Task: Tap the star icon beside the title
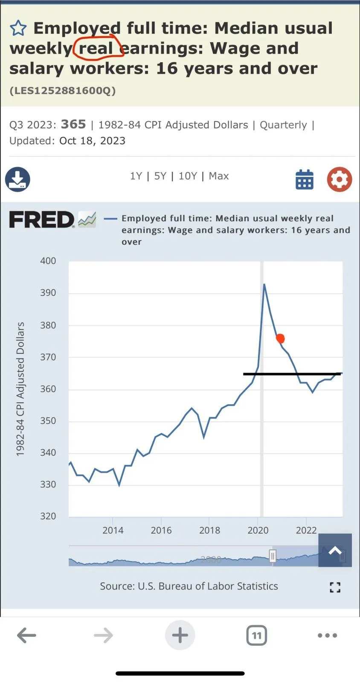18,29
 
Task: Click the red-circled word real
96,48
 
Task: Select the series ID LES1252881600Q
62,90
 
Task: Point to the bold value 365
73,124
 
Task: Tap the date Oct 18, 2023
92,141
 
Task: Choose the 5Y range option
160,176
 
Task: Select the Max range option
219,176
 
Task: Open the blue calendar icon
305,179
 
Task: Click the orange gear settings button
340,179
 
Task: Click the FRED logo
42,220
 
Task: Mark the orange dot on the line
280,338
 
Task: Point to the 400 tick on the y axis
48,261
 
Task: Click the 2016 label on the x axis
161,530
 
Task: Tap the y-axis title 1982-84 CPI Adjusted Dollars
20,389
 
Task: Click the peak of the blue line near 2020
264,284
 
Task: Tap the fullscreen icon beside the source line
335,587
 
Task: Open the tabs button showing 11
256,636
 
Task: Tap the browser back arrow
26,636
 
